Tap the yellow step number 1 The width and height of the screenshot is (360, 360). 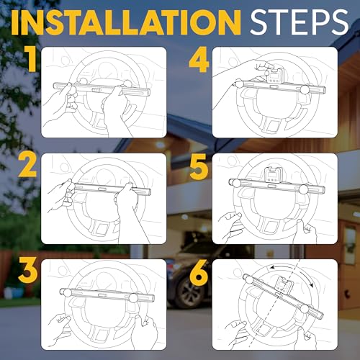point(30,59)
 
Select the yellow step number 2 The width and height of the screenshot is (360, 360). point(27,165)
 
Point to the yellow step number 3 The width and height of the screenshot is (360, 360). point(28,270)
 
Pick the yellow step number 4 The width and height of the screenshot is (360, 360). point(199,59)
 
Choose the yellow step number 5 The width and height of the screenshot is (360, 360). point(199,166)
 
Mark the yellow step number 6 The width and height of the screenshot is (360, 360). point(199,271)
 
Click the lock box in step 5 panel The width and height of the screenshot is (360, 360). point(272,176)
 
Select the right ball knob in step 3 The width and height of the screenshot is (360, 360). point(133,298)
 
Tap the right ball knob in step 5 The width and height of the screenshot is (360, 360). point(303,189)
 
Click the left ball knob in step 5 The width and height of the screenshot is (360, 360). point(237,183)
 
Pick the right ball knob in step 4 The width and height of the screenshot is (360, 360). point(305,89)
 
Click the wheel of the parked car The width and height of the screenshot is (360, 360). point(189,293)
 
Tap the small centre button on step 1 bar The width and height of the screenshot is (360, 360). point(96,89)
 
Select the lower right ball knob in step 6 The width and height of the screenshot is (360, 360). point(305,309)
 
